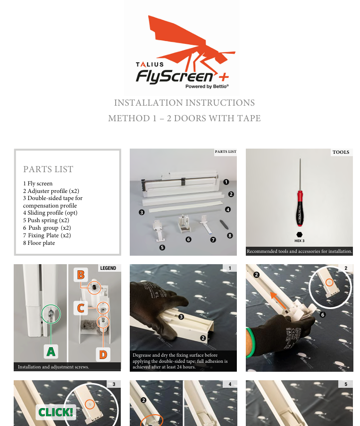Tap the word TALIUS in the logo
click(x=150, y=64)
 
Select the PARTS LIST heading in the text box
click(x=48, y=169)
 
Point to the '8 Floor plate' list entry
click(x=39, y=243)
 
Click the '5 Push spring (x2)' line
click(x=46, y=220)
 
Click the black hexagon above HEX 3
click(x=300, y=234)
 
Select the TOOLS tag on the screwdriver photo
click(x=341, y=152)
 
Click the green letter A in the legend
click(x=51, y=351)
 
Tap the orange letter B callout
click(x=81, y=275)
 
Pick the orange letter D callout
click(x=103, y=354)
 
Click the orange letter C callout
click(x=81, y=308)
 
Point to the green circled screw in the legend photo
click(x=51, y=314)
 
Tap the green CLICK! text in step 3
click(x=56, y=412)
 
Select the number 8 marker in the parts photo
click(x=230, y=235)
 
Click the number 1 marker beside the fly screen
click(x=226, y=182)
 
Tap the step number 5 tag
click(x=345, y=384)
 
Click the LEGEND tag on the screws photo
click(x=108, y=268)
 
